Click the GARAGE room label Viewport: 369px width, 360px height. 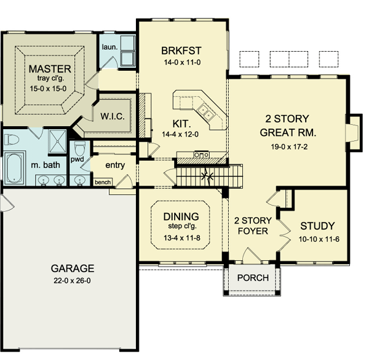click(x=73, y=268)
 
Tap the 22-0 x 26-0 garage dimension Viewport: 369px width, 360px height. click(x=72, y=281)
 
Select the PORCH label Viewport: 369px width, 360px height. click(x=253, y=278)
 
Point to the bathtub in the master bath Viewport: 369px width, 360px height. click(x=14, y=168)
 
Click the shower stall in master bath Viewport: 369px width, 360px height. click(x=57, y=142)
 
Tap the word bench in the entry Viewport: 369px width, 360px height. click(x=103, y=182)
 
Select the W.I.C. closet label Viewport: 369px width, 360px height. click(x=113, y=116)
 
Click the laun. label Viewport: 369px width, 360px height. click(x=109, y=47)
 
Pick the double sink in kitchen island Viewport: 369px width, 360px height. click(x=205, y=111)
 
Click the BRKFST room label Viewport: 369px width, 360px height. click(x=181, y=50)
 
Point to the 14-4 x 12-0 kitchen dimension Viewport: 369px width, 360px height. click(x=180, y=134)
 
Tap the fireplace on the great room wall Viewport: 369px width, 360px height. click(x=353, y=132)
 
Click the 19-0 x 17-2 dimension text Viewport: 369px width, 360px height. click(x=289, y=146)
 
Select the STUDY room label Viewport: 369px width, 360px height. click(x=317, y=226)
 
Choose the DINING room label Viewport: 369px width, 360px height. click(x=181, y=217)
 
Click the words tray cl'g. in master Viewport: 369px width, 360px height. click(x=50, y=78)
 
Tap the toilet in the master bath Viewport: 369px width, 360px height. click(x=12, y=140)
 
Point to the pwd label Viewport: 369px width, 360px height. click(x=77, y=159)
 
